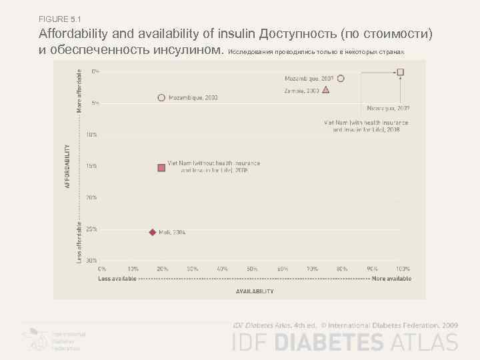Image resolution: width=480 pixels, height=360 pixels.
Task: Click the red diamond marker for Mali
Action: coord(152,232)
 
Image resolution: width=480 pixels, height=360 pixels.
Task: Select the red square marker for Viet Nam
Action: coord(161,167)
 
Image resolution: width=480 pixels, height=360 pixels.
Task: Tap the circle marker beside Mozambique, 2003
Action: coord(161,97)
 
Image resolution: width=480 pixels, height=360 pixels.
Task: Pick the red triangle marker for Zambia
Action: coord(325,90)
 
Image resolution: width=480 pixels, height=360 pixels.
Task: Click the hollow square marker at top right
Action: coord(400,72)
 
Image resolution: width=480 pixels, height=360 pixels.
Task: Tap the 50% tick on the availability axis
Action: coord(252,269)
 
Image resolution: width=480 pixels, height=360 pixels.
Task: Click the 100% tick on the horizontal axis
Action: coord(403,269)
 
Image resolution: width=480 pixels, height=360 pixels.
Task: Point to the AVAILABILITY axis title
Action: coord(255,291)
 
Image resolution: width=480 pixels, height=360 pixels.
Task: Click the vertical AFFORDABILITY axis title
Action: coord(67,166)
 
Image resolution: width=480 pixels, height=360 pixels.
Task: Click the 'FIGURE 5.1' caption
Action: coord(60,18)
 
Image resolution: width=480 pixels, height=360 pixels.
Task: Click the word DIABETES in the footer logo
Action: coord(329,343)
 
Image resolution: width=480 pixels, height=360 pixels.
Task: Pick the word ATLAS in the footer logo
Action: coord(424,343)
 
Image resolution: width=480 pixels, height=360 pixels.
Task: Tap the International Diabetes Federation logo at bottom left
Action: coord(53,339)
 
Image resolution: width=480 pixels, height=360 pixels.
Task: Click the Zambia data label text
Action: coord(301,90)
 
